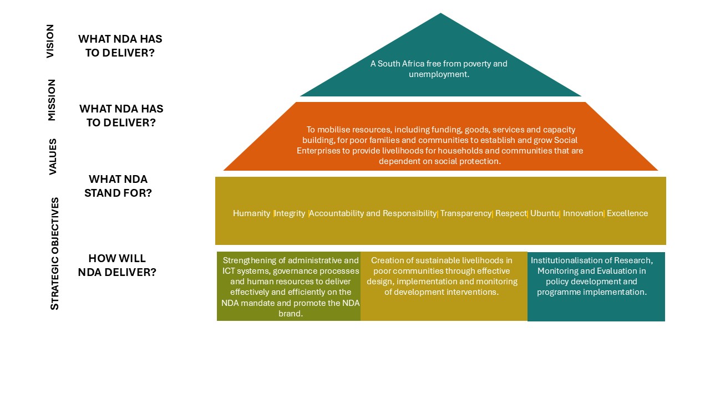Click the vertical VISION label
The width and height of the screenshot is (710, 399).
50,41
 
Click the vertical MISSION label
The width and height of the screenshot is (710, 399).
52,100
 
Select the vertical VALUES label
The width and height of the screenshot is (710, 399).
53,156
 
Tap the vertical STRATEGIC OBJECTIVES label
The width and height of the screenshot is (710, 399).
54,253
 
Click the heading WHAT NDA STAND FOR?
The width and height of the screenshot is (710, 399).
118,186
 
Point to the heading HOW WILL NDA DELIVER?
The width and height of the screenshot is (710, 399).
117,265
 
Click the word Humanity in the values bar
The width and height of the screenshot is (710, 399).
251,213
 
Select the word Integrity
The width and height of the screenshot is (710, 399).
290,213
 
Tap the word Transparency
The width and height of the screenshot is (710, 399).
465,213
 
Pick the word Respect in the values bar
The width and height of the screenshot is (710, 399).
511,213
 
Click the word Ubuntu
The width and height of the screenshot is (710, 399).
545,213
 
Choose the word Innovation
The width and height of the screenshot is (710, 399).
583,213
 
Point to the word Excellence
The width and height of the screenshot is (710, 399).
627,213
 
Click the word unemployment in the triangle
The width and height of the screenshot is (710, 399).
438,74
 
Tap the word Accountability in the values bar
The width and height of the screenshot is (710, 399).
336,213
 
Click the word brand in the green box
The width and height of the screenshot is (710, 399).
290,314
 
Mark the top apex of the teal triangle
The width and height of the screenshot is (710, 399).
440,13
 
